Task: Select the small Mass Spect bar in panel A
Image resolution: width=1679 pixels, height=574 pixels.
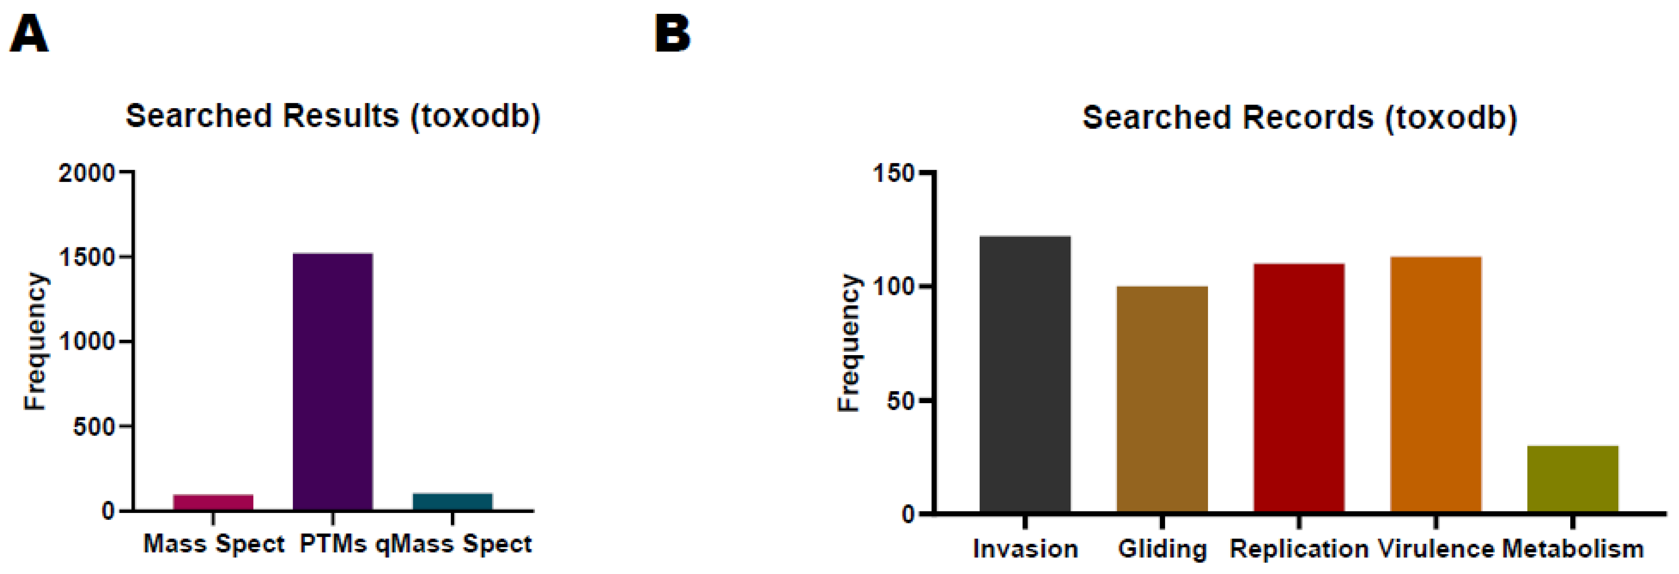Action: [x=213, y=502]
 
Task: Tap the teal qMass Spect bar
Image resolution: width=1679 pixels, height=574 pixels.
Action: [x=452, y=502]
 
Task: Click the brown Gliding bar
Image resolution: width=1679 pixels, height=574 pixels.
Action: [x=1162, y=399]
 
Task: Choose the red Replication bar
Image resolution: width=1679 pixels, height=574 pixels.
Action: [x=1298, y=388]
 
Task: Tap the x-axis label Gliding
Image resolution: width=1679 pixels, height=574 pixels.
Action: [x=1162, y=549]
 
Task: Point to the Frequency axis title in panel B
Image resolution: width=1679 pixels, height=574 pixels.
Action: [x=848, y=342]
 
